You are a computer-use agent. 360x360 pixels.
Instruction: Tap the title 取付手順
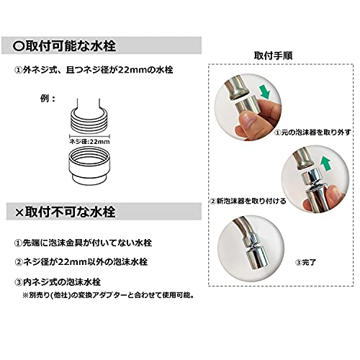[x=273, y=55]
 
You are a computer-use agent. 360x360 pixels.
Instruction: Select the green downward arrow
[x=266, y=92]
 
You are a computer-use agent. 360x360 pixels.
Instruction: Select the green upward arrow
[x=325, y=163]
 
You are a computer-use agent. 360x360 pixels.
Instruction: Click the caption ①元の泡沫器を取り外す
[x=312, y=132]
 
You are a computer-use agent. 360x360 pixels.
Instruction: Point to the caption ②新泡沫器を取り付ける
[x=248, y=201]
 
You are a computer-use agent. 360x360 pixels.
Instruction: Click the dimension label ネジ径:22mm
[x=89, y=142]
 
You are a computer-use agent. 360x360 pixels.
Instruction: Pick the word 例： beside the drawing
[x=48, y=99]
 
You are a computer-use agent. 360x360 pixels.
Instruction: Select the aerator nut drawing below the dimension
[x=89, y=166]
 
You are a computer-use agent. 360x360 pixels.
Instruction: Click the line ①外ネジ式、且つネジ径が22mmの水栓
[x=94, y=70]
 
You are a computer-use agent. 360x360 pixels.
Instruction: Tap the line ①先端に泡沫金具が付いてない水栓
[x=83, y=243]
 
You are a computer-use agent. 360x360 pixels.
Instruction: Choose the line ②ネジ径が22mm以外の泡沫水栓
[x=81, y=262]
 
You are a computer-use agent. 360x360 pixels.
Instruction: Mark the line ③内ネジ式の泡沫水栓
[x=58, y=282]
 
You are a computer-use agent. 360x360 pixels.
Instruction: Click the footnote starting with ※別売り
[x=108, y=295]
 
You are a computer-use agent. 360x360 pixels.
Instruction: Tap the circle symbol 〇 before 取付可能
[x=19, y=46]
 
